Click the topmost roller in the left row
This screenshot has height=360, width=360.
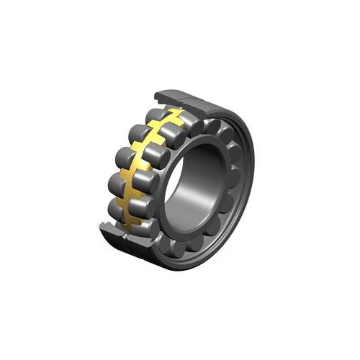153,115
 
